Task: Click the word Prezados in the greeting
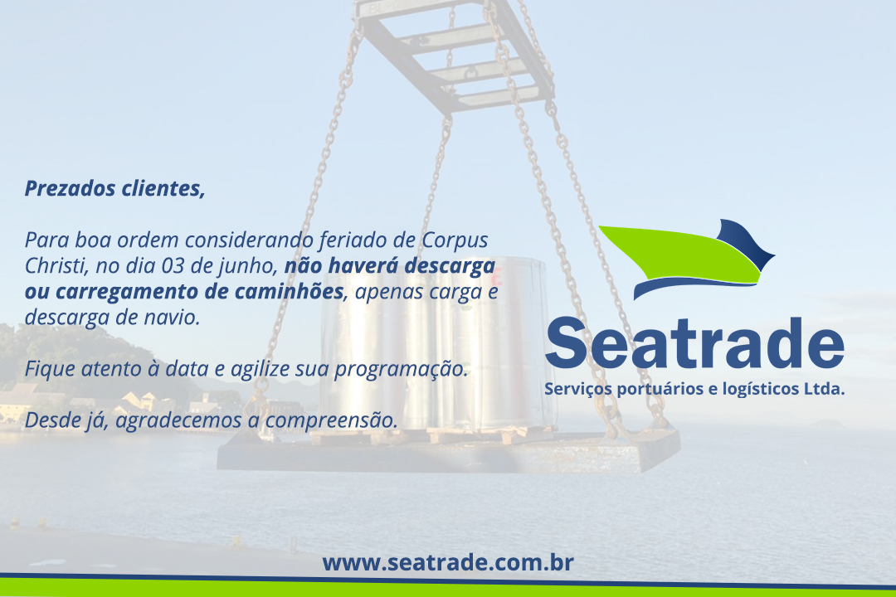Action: click(x=70, y=188)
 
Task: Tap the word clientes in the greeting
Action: click(x=163, y=188)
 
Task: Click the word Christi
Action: click(x=56, y=265)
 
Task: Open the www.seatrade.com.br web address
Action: click(x=447, y=563)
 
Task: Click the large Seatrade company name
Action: click(x=694, y=343)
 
